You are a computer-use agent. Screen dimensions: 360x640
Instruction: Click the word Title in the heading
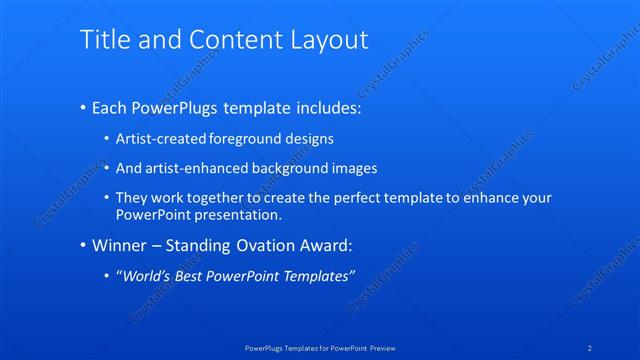(102, 39)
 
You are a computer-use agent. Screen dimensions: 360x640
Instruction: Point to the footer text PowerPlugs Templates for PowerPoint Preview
(320, 347)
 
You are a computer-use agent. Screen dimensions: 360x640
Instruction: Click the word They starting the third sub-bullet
(132, 198)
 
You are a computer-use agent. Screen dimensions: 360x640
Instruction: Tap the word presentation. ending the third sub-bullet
(246, 214)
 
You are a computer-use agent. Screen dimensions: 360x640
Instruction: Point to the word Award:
(326, 245)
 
